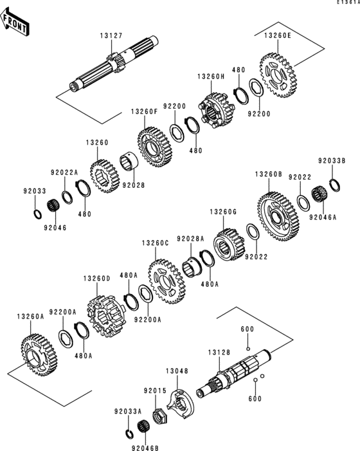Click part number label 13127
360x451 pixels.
(x=110, y=37)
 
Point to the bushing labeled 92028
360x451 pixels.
(x=130, y=161)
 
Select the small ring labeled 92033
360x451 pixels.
(x=37, y=212)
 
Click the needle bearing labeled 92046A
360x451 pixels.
(x=317, y=194)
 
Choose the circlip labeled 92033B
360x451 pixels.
(x=334, y=185)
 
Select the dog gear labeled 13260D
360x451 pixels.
(x=104, y=317)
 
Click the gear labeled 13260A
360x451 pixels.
(x=34, y=352)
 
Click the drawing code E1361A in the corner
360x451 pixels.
(x=346, y=3)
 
